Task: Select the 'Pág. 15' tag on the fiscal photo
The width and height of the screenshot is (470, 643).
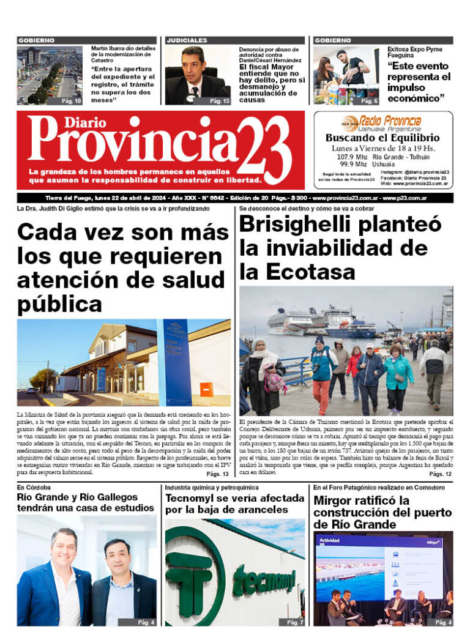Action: [x=219, y=100]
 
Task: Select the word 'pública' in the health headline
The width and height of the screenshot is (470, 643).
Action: [x=59, y=303]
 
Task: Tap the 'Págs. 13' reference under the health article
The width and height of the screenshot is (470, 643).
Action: [x=217, y=474]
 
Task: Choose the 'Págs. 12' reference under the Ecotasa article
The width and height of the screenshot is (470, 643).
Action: [x=440, y=474]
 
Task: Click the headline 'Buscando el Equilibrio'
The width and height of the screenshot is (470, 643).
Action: [x=382, y=138]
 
